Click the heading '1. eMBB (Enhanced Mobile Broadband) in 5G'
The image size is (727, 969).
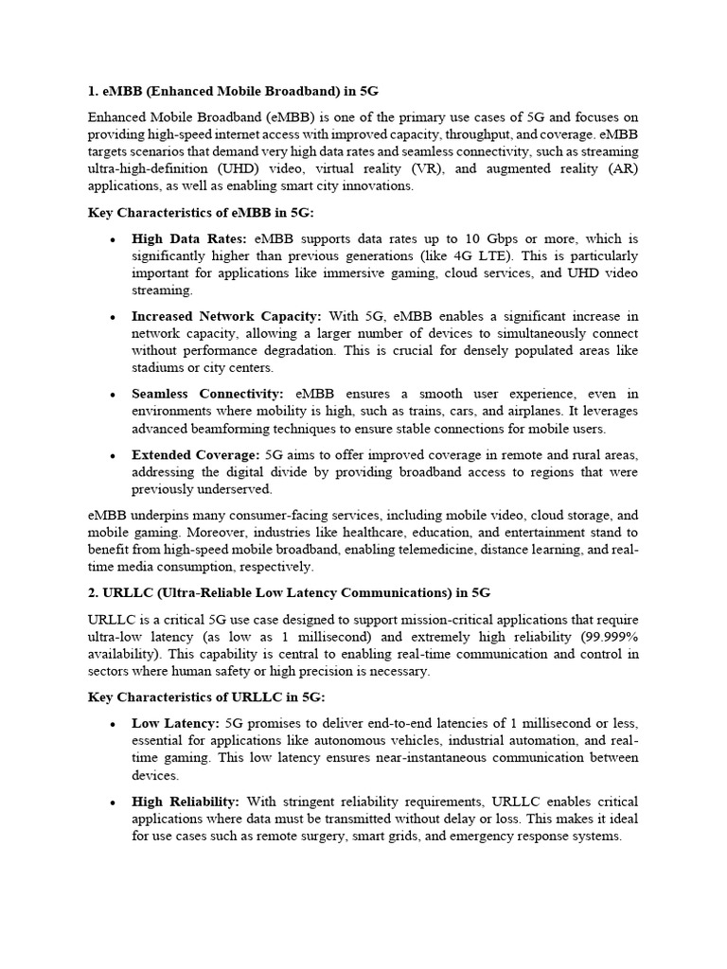tap(233, 91)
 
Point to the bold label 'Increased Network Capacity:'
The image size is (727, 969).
tap(226, 315)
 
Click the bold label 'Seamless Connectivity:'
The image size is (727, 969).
tap(207, 393)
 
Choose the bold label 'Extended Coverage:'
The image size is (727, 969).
tap(195, 454)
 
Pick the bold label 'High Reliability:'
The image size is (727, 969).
tap(186, 802)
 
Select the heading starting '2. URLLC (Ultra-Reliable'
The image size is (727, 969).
tap(289, 593)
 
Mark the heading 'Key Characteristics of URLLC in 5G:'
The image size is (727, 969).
tap(205, 697)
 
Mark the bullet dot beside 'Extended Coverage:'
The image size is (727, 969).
tap(112, 455)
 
